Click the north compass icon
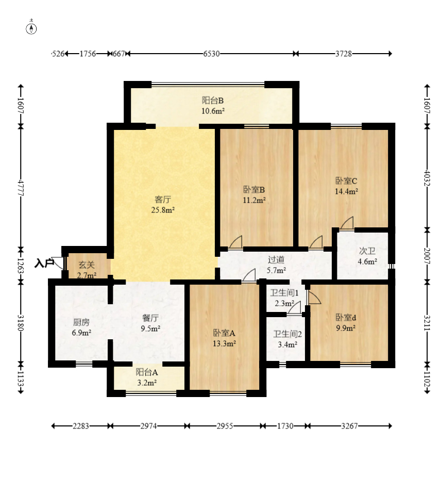pos(31,28)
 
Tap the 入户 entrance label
pos(44,263)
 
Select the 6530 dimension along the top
pos(212,54)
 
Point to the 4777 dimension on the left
pos(21,188)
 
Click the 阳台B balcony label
pos(213,101)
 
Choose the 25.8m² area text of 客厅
pos(163,210)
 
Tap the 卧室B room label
pos(254,190)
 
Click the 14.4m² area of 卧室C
pos(347,191)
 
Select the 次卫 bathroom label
pos(367,251)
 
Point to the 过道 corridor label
pos(276,260)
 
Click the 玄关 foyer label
pos(87,265)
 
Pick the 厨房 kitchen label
pos(81,322)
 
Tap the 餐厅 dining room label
pos(150,318)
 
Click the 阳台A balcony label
pos(147,372)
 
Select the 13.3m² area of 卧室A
pos(225,343)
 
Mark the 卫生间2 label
pos(287,334)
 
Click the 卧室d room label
pos(346,318)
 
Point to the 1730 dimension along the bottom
pos(285,426)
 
